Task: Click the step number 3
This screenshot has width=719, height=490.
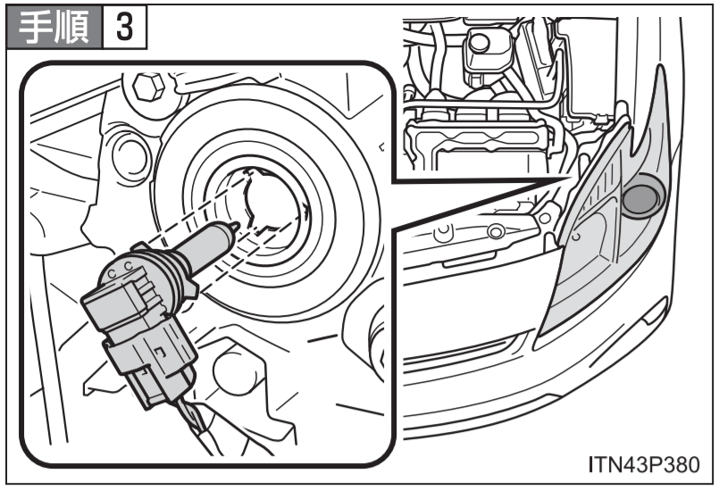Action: [x=124, y=28]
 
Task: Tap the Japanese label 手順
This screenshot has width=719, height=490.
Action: [x=54, y=28]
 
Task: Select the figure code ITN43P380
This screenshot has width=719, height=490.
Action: [x=644, y=464]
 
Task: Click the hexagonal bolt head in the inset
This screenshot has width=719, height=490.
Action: [x=148, y=87]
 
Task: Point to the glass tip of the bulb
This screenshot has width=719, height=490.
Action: [x=233, y=228]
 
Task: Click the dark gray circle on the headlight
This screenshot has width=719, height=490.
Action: [x=640, y=200]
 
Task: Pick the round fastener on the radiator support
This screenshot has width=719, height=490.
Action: [x=496, y=231]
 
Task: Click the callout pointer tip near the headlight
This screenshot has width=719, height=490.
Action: [x=572, y=178]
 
